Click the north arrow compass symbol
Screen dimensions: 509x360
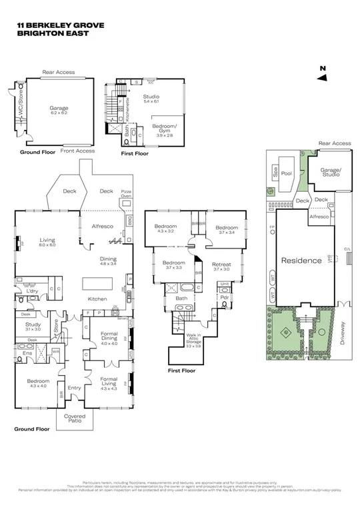322,74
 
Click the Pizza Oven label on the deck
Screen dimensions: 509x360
127,193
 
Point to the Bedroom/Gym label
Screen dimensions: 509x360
164,129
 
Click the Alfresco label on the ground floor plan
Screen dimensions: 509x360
103,227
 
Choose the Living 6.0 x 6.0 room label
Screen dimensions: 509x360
47,243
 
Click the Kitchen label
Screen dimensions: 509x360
98,299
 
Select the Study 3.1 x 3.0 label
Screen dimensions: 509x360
33,326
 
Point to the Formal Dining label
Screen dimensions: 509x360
109,336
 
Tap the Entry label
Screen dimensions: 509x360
75,388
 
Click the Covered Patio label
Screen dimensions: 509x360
75,418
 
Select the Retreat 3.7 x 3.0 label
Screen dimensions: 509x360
221,266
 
